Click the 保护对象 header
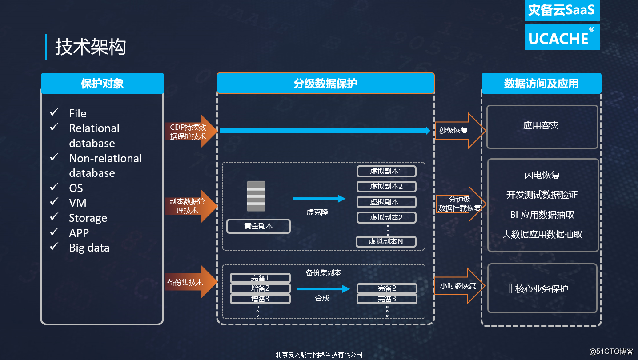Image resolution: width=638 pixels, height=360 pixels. pyautogui.click(x=102, y=84)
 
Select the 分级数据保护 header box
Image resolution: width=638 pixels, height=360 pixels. pyautogui.click(x=325, y=84)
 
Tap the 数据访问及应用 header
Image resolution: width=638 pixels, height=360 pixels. pyautogui.click(x=541, y=84)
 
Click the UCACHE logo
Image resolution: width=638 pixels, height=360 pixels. pyautogui.click(x=562, y=37)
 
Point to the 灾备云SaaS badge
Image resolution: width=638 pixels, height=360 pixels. pyautogui.click(x=562, y=11)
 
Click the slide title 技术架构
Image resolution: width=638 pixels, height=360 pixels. pyautogui.click(x=91, y=47)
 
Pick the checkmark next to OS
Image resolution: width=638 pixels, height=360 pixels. pyautogui.click(x=54, y=187)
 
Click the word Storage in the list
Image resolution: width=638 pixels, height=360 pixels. pyautogui.click(x=88, y=218)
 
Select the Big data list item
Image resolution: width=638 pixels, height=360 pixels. pyautogui.click(x=89, y=248)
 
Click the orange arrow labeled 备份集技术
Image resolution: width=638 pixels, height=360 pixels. pyautogui.click(x=190, y=282)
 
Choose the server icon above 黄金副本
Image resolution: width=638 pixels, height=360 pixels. pyautogui.click(x=256, y=196)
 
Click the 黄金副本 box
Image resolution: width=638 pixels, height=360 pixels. pyautogui.click(x=258, y=226)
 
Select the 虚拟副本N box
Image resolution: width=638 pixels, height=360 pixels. pyautogui.click(x=386, y=241)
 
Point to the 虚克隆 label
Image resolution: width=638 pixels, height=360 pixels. pyautogui.click(x=317, y=212)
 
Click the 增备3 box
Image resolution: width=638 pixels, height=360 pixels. pyautogui.click(x=260, y=299)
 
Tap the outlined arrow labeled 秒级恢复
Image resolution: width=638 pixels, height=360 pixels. pyautogui.click(x=458, y=131)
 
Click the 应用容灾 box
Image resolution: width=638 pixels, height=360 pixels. pyautogui.click(x=542, y=127)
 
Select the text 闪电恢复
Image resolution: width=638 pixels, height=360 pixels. pyautogui.click(x=542, y=175)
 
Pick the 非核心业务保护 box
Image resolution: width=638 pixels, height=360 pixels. pyautogui.click(x=542, y=288)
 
